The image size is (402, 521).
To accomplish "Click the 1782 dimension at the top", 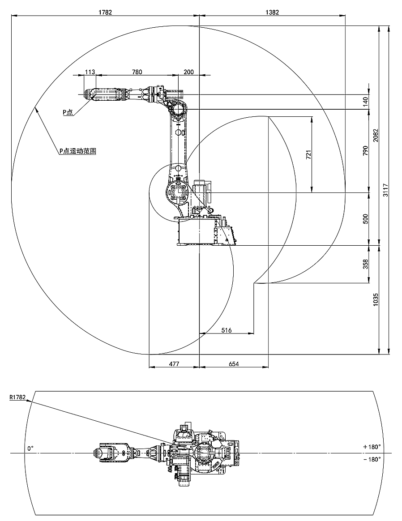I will point(105,13).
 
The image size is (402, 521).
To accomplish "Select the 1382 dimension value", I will point(272,13).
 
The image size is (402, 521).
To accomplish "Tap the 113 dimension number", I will point(90,72).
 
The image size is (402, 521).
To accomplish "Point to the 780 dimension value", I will point(137,72).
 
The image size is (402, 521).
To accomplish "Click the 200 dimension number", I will point(188,72).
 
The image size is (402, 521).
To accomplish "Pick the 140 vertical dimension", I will point(365,102).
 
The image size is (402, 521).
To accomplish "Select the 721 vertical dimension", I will point(308,155).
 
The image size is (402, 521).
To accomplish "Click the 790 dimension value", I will point(365,151).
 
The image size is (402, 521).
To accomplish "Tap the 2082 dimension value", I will point(376,135).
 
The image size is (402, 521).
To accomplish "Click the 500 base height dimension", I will point(365,219).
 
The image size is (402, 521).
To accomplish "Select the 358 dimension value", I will point(365,264).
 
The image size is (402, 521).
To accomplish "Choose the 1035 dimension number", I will point(376,299).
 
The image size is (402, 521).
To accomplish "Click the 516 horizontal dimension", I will point(227,330).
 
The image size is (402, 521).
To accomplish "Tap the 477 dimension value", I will point(174,364).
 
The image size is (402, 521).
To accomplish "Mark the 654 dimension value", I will point(234,364).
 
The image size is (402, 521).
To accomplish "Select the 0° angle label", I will point(30,448).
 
